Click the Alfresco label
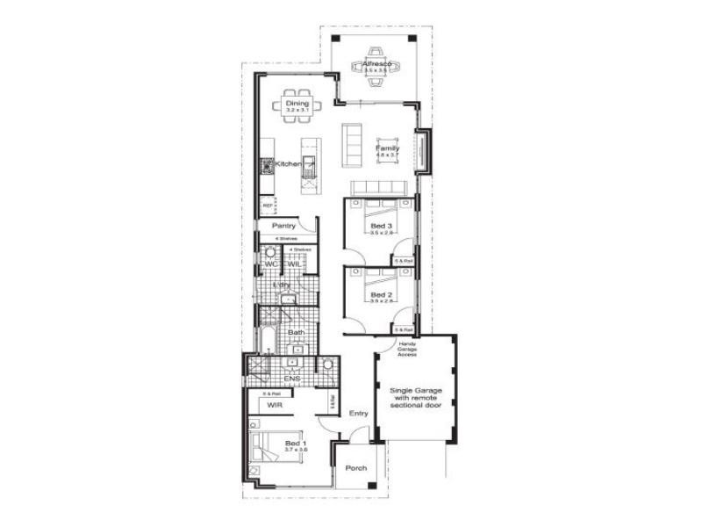pyautogui.click(x=376, y=64)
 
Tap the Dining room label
pyautogui.click(x=297, y=104)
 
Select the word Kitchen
pyautogui.click(x=288, y=164)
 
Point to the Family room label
pyautogui.click(x=387, y=148)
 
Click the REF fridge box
pyautogui.click(x=267, y=206)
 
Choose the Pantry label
pyautogui.click(x=283, y=226)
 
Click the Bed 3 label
pyautogui.click(x=381, y=227)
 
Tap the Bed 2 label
pyautogui.click(x=381, y=295)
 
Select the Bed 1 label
pyautogui.click(x=296, y=444)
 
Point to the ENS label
pyautogui.click(x=280, y=379)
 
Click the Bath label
pyautogui.click(x=296, y=333)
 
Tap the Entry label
pyautogui.click(x=358, y=413)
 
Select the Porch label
pyautogui.click(x=355, y=468)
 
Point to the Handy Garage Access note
pyautogui.click(x=407, y=349)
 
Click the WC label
pyautogui.click(x=270, y=263)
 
